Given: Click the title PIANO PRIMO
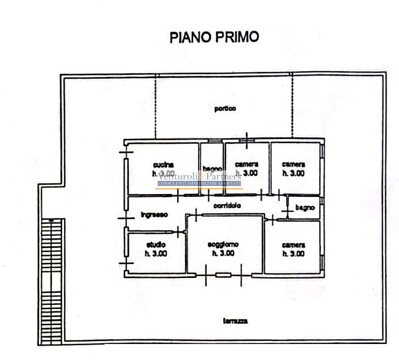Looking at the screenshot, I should click(214, 38).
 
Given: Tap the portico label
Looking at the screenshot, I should click(225, 109).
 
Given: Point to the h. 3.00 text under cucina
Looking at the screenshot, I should click(163, 174).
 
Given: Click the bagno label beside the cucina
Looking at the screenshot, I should click(212, 168).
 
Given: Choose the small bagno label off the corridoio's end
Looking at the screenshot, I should click(304, 208).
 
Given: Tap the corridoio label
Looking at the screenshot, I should click(227, 205).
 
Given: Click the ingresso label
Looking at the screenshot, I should click(154, 214).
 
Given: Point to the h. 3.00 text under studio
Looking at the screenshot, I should click(156, 254).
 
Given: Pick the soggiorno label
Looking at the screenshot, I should click(223, 244).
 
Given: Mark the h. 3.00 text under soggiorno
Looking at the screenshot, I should click(223, 254).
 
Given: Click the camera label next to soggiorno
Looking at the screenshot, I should click(293, 244).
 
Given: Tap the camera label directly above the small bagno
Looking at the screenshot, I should click(293, 164).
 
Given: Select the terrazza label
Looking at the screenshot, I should click(235, 321).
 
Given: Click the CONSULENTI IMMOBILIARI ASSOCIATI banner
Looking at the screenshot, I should click(199, 184).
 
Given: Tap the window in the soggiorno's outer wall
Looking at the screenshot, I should click(223, 275).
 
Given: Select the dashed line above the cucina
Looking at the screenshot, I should click(156, 106).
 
